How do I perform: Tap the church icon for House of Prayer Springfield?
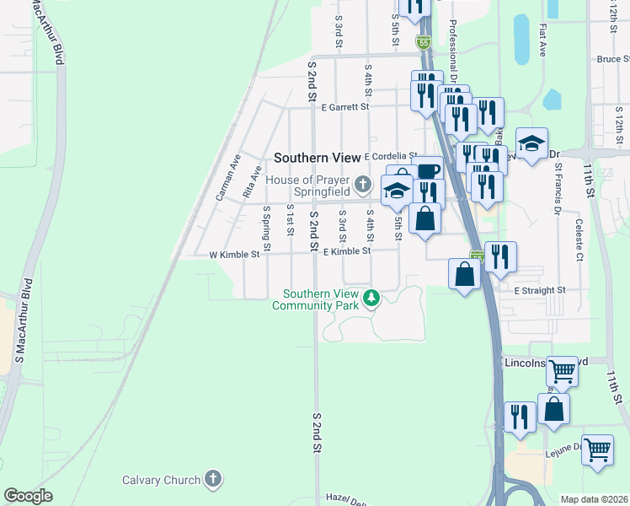(x=363, y=183)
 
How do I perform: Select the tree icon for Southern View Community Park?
(x=369, y=298)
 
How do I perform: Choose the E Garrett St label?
(x=345, y=107)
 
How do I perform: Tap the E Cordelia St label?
(x=390, y=157)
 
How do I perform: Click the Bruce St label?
(x=612, y=59)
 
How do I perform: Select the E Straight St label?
(x=540, y=290)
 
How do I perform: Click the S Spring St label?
(x=267, y=223)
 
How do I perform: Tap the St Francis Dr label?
(x=558, y=189)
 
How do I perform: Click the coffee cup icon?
(x=429, y=170)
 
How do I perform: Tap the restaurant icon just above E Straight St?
(x=500, y=256)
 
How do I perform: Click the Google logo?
(x=28, y=496)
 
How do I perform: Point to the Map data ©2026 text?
(x=594, y=499)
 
